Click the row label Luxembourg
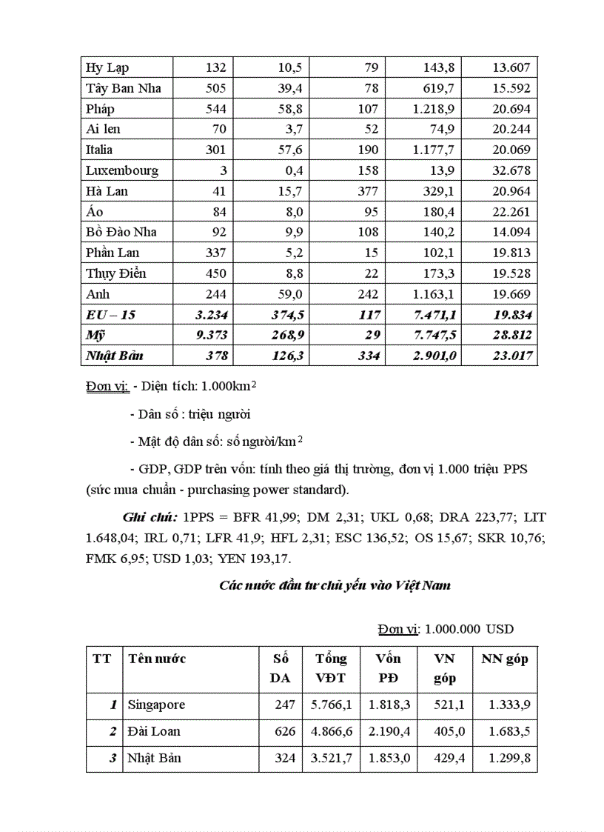(122, 170)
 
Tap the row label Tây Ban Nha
(124, 88)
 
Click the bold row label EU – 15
(111, 315)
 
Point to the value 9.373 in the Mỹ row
(210, 336)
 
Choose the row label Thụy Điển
(116, 273)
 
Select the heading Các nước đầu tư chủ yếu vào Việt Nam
(335, 585)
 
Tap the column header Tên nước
(157, 659)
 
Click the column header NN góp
(505, 659)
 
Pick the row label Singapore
(156, 705)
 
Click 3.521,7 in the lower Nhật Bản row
(332, 758)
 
